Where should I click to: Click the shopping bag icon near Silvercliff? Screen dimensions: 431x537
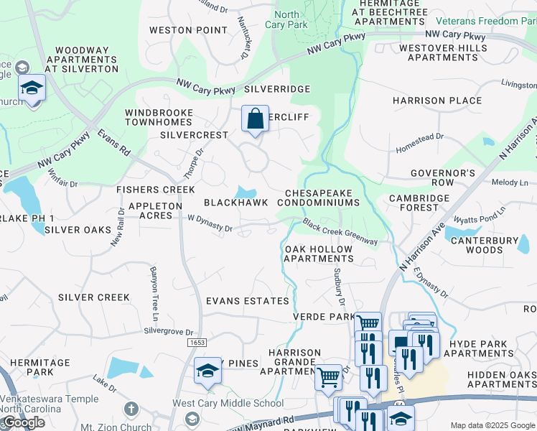[256, 119]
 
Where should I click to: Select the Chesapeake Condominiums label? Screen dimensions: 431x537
[322, 198]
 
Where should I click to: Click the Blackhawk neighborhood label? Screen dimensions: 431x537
[230, 203]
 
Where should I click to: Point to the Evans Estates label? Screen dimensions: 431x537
[248, 300]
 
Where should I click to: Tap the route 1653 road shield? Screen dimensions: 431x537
[199, 343]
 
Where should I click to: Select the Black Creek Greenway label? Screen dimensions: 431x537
[340, 232]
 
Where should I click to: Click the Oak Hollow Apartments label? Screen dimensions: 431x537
[319, 254]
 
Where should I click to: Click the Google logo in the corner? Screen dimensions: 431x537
[23, 422]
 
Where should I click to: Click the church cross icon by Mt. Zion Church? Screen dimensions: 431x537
[130, 409]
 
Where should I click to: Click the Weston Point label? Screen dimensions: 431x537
[179, 30]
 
